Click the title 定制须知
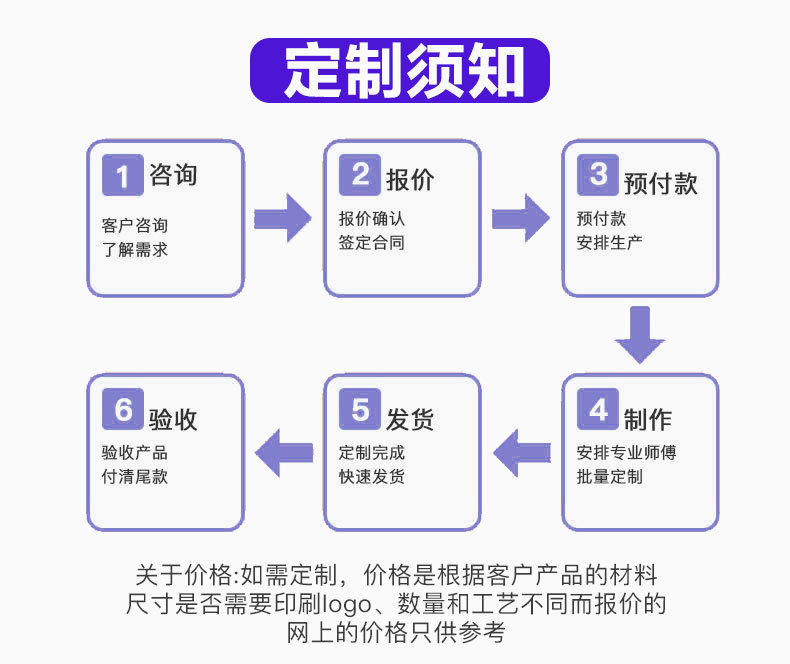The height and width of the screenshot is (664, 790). [x=400, y=71]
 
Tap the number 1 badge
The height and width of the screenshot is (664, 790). [x=123, y=176]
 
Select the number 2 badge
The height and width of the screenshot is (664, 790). [x=361, y=175]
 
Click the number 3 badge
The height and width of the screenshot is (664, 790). [x=599, y=175]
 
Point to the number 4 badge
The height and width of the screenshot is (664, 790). [x=599, y=410]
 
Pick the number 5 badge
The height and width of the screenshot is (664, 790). [x=361, y=410]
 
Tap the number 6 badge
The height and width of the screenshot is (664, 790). [x=123, y=410]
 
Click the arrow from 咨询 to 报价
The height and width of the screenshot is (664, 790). [x=283, y=218]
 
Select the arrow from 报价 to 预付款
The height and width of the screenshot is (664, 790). [x=521, y=218]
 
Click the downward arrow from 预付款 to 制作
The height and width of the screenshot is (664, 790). [x=640, y=335]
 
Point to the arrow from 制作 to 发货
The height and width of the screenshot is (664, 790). [x=521, y=452]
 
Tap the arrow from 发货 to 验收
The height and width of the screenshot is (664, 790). [x=283, y=452]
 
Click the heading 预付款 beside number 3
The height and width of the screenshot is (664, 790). [x=661, y=183]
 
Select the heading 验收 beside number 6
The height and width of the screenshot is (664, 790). [x=173, y=418]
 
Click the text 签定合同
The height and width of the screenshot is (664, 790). [x=372, y=243]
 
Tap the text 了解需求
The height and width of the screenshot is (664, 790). [x=135, y=249]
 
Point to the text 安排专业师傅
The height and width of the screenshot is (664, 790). [x=627, y=453]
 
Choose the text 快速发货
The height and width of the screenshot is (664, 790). [x=372, y=477]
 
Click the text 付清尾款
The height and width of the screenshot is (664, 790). [x=135, y=477]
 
